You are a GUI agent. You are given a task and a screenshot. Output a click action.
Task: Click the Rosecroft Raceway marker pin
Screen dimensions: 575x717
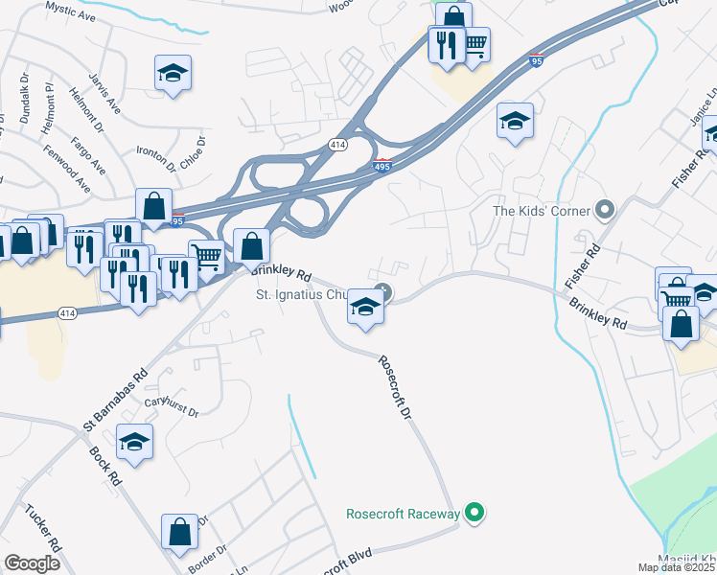click(472, 514)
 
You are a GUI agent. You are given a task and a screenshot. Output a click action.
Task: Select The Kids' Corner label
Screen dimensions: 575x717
click(542, 210)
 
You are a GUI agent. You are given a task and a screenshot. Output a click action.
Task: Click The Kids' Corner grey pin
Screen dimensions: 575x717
click(605, 209)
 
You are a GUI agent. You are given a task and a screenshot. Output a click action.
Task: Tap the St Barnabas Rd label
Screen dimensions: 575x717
click(115, 398)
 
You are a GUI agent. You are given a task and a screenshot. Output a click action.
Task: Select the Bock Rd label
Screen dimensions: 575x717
click(104, 464)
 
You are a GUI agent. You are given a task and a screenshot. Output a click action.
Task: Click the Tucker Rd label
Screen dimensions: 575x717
click(43, 527)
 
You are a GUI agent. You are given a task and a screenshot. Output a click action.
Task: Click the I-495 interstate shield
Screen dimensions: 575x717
click(382, 167)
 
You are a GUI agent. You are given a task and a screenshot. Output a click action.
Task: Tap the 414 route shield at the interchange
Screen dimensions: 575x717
click(336, 145)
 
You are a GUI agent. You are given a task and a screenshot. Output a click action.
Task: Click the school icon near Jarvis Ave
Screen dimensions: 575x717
click(173, 73)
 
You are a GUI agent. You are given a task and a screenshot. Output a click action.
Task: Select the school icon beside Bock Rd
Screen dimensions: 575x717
click(134, 443)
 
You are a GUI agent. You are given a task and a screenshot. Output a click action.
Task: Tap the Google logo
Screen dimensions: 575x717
click(32, 563)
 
